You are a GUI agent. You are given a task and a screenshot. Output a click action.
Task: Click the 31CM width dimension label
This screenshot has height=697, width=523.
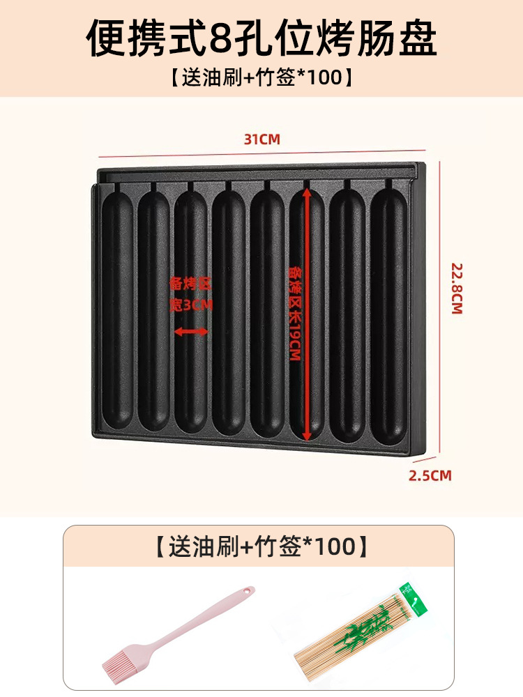point(261,139)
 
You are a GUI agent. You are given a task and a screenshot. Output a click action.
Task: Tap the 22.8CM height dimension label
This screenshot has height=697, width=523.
point(457,288)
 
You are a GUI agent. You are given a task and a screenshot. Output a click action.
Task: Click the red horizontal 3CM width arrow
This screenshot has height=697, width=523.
point(190,332)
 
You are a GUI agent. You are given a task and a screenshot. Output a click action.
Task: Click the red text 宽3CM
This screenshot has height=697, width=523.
point(190,305)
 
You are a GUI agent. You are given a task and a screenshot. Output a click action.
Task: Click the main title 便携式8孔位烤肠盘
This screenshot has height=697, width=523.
point(261,38)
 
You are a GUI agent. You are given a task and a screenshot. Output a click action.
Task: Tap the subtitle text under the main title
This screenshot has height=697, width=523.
point(261,77)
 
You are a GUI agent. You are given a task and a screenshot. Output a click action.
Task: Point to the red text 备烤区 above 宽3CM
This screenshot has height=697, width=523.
point(190,284)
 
